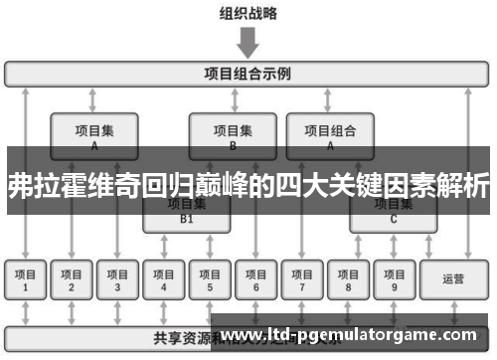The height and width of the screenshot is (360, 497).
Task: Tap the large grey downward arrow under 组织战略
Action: pos(248,41)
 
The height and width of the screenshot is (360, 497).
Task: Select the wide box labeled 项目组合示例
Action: pos(248,74)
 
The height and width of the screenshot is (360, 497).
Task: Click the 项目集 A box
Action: pos(94,135)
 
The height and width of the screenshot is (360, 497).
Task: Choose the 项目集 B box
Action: pos(233,135)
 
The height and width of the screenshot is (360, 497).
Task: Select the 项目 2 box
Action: pos(72,279)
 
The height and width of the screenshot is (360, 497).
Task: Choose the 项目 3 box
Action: pos(117,279)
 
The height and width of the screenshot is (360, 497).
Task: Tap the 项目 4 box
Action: pos(164,279)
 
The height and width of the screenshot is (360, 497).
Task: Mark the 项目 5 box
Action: pos(210,279)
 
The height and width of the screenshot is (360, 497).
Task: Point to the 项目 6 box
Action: pos(255,279)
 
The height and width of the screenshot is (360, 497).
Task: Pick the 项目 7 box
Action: pos(302,279)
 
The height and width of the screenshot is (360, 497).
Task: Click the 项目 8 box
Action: pos(348,279)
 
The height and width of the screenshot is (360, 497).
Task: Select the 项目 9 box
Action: pos(394,279)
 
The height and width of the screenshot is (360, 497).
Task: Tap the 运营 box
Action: pos(453,279)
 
